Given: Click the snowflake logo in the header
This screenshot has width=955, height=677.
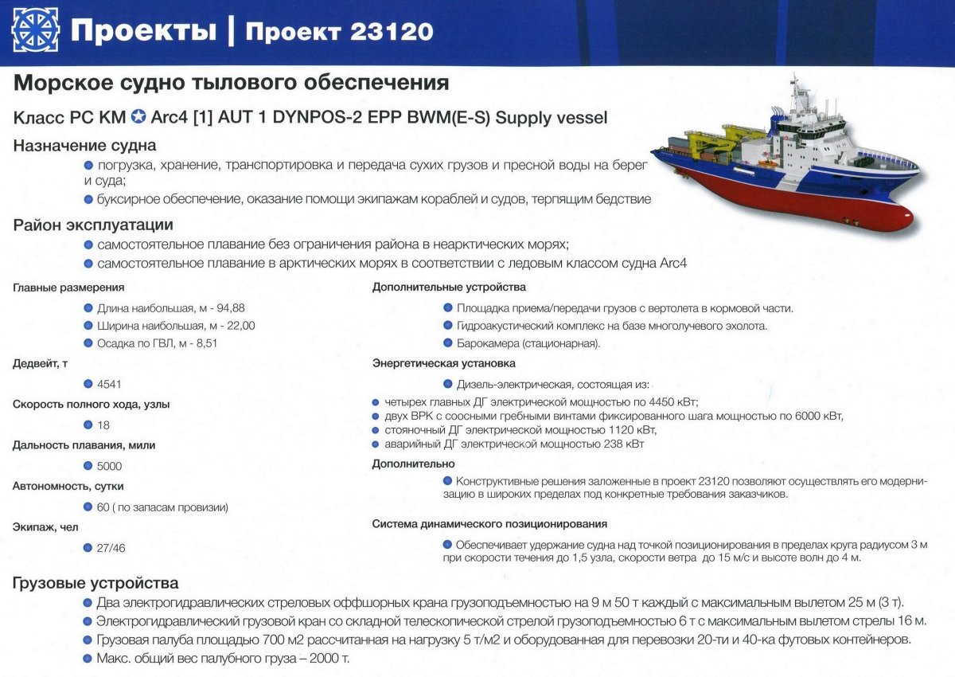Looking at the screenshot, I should [35, 29].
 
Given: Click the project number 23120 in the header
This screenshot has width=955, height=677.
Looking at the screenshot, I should [390, 31].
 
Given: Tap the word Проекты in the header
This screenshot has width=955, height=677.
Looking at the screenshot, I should [142, 31].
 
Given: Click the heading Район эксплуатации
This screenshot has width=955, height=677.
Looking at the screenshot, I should [93, 225].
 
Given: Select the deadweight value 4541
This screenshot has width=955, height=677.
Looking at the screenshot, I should [110, 384].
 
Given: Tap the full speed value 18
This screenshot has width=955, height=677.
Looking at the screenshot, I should [103, 425].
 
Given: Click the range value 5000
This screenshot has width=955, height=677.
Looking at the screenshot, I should [110, 466].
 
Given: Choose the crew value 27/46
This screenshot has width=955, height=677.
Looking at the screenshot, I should [111, 548].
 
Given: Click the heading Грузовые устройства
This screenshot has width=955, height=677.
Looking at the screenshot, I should [95, 584].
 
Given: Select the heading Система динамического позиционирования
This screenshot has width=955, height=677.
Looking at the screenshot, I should [489, 523].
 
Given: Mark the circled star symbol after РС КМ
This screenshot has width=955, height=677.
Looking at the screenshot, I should [138, 118].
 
